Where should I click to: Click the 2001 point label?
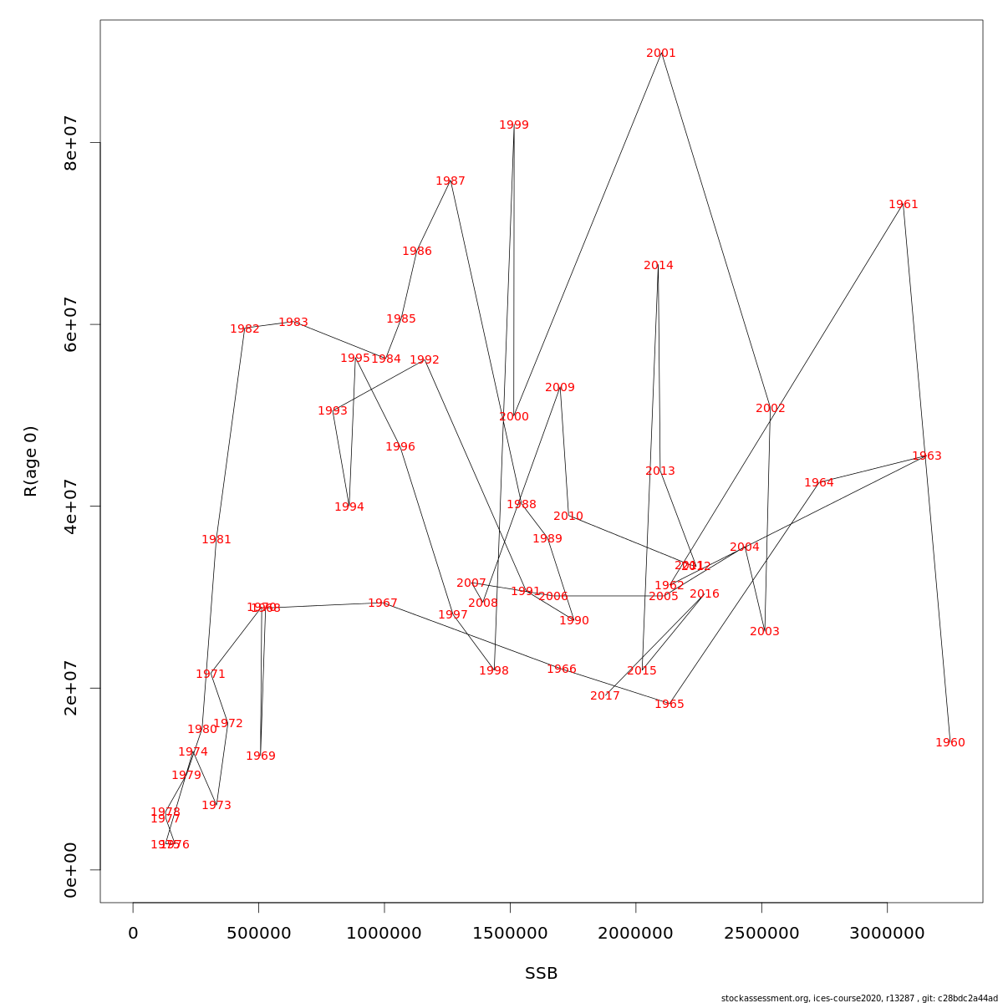click(x=661, y=53)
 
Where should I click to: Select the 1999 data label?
click(x=514, y=125)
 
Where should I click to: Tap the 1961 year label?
click(x=904, y=205)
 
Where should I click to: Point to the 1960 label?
click(x=950, y=743)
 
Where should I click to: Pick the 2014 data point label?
click(x=659, y=266)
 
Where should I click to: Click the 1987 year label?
click(x=451, y=181)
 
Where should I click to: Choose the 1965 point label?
click(x=670, y=705)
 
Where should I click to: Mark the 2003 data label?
click(x=765, y=632)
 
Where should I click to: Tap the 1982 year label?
click(x=245, y=329)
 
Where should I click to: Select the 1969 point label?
click(x=261, y=756)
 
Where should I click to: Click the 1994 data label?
click(x=349, y=507)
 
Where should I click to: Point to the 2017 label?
click(x=605, y=696)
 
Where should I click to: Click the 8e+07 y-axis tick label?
click(x=71, y=143)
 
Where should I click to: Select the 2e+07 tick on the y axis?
click(x=71, y=688)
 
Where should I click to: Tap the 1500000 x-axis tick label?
click(x=510, y=933)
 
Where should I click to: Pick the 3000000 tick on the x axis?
click(x=888, y=933)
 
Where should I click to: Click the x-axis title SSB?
click(x=542, y=974)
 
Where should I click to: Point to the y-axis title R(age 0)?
click(x=31, y=461)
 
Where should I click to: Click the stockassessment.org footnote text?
click(x=859, y=998)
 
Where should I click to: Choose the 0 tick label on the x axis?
click(x=133, y=933)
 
